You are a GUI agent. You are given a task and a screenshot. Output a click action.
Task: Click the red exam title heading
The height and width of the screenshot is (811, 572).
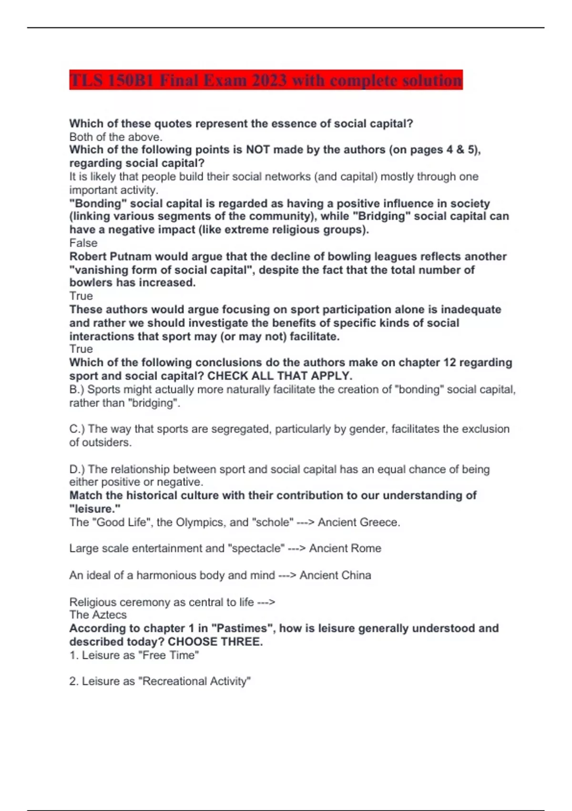tap(266, 80)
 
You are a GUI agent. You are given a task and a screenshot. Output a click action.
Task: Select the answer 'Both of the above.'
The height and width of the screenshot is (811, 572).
tap(116, 137)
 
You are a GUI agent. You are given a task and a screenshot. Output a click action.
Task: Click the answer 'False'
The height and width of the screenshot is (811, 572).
tap(83, 243)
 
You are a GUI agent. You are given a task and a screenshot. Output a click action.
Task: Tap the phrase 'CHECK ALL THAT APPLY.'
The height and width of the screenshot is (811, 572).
tap(280, 375)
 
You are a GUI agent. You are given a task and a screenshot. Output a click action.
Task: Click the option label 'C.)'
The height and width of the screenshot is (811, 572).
tap(77, 429)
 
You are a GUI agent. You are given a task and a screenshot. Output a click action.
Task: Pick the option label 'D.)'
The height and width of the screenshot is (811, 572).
tap(77, 469)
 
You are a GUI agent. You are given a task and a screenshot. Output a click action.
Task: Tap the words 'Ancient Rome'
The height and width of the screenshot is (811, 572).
tap(345, 548)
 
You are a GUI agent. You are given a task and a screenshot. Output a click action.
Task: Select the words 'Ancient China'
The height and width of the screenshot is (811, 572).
tap(335, 575)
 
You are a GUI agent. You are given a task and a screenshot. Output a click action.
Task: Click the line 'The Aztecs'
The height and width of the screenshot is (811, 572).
tap(98, 614)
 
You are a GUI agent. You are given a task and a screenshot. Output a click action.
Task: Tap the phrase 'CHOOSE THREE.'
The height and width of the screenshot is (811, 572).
tap(215, 641)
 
